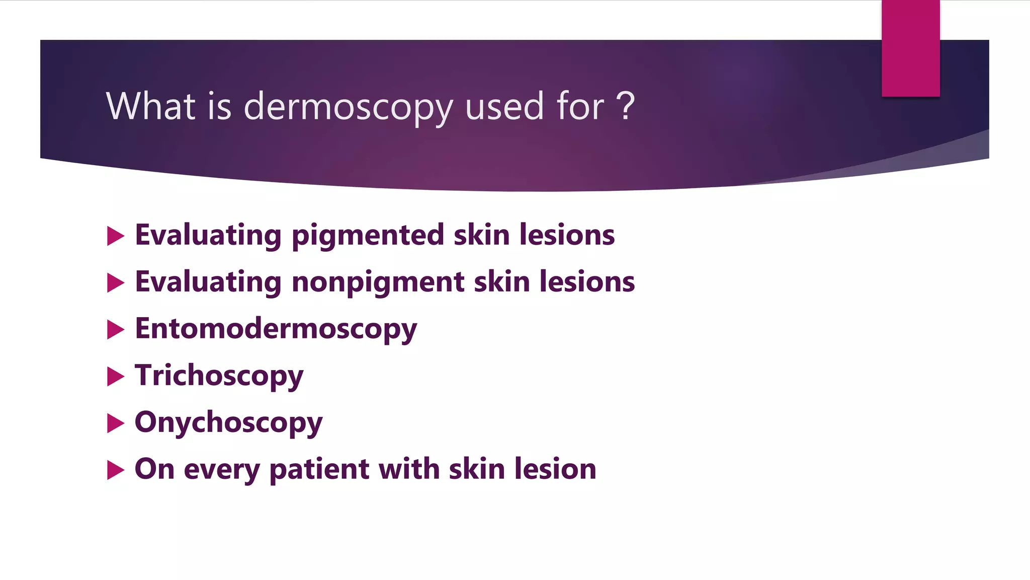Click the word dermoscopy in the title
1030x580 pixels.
pyautogui.click(x=348, y=107)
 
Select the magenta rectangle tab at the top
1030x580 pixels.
pyautogui.click(x=910, y=48)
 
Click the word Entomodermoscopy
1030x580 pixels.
pyautogui.click(x=276, y=329)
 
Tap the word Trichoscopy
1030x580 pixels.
pyautogui.click(x=219, y=376)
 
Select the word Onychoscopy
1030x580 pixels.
pyautogui.click(x=228, y=422)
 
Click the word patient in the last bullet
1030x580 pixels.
pyautogui.click(x=319, y=469)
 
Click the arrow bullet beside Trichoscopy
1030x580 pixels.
pyautogui.click(x=115, y=377)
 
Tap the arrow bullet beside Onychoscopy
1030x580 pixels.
pyautogui.click(x=115, y=423)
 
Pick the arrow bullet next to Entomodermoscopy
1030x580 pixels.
pyautogui.click(x=115, y=330)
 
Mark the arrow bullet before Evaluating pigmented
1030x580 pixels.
pyautogui.click(x=115, y=236)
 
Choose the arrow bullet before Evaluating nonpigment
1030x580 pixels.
pyautogui.click(x=115, y=283)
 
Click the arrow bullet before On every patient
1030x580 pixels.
pyautogui.click(x=115, y=470)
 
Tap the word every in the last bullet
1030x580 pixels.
pyautogui.click(x=222, y=470)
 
